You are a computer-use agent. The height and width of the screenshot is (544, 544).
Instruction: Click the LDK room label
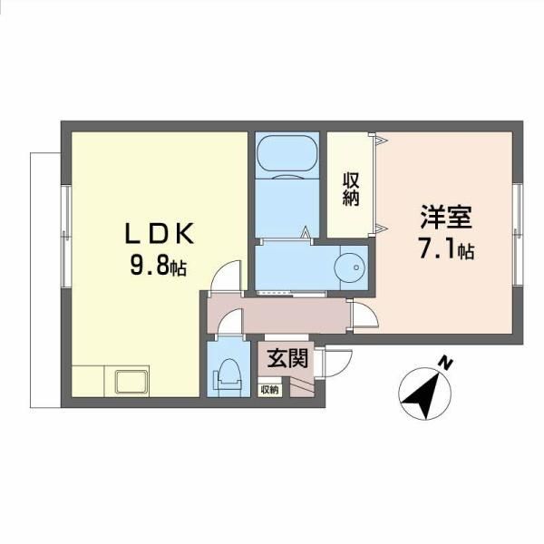point(159,234)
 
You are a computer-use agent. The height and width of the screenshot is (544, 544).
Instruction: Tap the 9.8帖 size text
point(159,267)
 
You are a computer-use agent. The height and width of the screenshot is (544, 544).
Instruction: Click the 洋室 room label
point(446,217)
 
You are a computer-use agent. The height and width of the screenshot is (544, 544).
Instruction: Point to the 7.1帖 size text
point(447,248)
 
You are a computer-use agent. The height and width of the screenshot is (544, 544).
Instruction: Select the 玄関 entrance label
point(287,358)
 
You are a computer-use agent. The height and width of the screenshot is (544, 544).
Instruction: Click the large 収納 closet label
point(351,189)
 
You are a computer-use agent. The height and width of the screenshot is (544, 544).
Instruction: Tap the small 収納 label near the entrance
point(269,390)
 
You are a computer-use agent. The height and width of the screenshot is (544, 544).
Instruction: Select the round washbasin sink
point(349,267)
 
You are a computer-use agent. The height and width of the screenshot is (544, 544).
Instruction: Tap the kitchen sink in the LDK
point(131,382)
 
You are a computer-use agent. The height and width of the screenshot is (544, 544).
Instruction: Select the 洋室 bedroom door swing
point(364,314)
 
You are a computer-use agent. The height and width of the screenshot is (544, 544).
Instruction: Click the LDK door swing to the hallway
point(226,277)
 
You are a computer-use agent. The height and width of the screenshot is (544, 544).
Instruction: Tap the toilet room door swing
point(230,322)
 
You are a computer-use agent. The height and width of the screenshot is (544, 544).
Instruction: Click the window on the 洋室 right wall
point(518,235)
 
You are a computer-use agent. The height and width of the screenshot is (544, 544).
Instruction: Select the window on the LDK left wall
point(66,237)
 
